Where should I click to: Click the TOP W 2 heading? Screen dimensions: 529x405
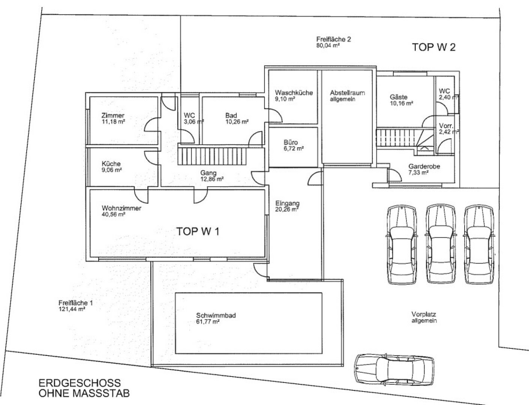click(434, 47)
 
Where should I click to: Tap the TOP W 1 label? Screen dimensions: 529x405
click(198, 231)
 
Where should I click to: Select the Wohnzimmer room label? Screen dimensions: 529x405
click(121, 208)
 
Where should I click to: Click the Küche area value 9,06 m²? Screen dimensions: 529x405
click(112, 170)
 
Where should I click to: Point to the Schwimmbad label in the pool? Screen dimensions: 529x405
click(216, 315)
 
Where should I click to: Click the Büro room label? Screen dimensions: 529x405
click(291, 142)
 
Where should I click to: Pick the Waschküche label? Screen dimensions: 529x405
click(294, 93)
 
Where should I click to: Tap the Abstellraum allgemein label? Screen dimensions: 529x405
click(347, 96)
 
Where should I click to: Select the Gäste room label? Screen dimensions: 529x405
click(399, 97)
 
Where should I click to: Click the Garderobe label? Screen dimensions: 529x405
click(424, 166)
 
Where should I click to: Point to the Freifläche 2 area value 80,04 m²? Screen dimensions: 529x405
click(328, 45)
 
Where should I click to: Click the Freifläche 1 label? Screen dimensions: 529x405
click(75, 303)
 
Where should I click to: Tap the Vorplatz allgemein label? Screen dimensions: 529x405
click(424, 318)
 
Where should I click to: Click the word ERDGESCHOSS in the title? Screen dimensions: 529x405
click(80, 382)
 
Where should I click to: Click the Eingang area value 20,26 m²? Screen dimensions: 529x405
click(287, 209)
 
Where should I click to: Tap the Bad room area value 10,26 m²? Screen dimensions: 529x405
click(237, 122)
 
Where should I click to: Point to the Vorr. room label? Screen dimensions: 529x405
click(446, 126)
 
